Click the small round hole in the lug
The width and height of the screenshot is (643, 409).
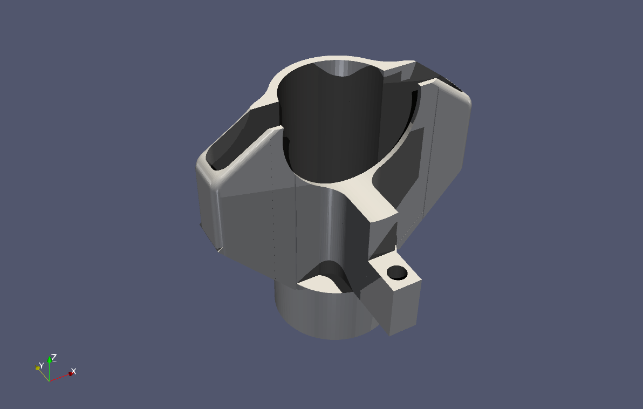point(397,273)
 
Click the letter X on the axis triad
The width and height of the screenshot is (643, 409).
point(74,372)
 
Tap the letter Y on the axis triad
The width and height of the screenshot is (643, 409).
point(41,365)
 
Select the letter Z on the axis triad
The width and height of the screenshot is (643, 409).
point(54,357)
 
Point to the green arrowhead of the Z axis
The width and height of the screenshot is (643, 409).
point(49,359)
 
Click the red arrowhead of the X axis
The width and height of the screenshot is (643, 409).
point(71,374)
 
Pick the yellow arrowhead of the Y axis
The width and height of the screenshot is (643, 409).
point(38,369)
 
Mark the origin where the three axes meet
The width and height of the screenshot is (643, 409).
point(49,381)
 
